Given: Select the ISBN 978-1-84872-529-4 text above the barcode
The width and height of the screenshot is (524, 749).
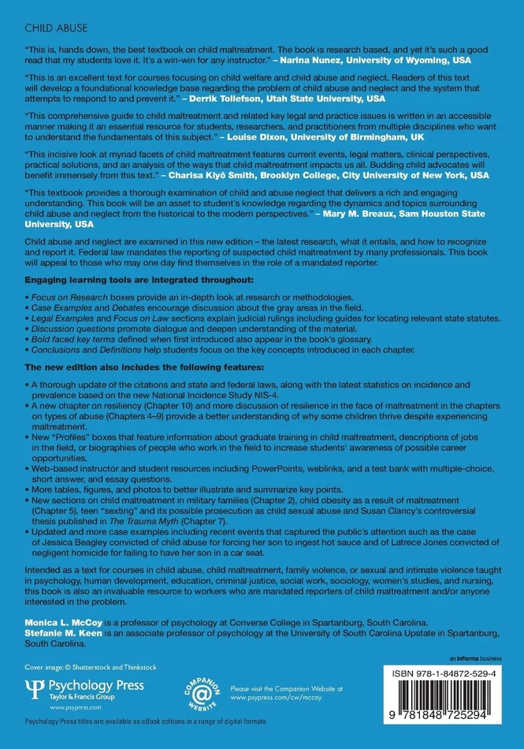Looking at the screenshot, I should (446, 677).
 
